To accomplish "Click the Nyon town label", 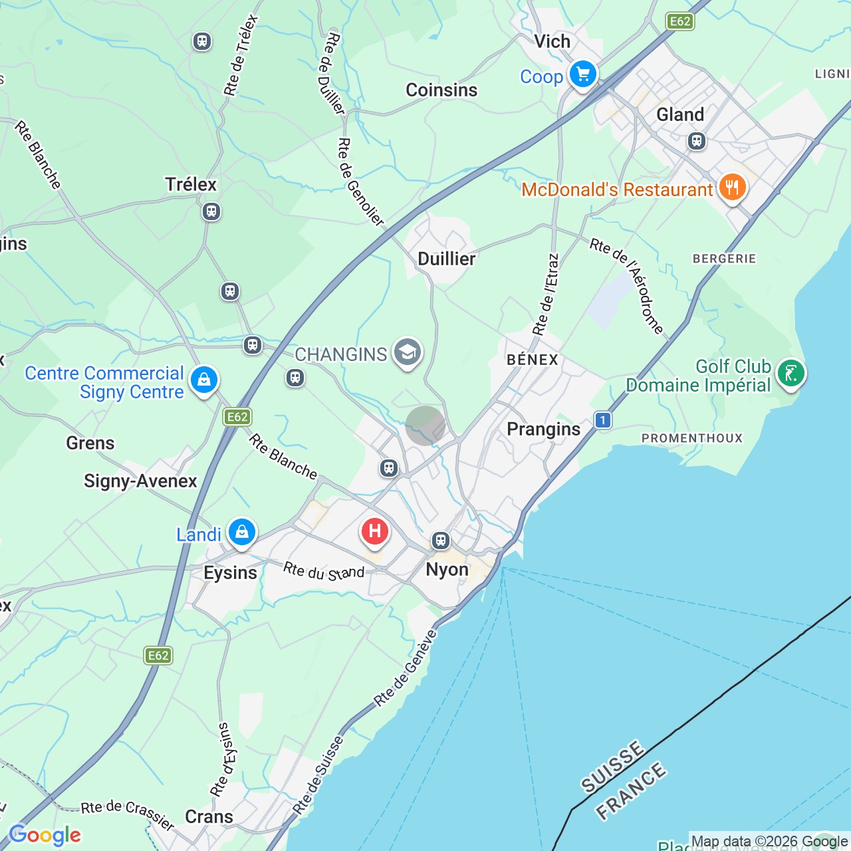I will [447, 570].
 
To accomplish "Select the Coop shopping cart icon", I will [583, 74].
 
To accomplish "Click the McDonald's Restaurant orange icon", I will [731, 187].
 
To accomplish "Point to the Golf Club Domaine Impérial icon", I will [790, 374].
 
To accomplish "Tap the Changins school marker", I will [407, 352].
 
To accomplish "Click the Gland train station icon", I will [697, 141].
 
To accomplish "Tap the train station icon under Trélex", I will [211, 212].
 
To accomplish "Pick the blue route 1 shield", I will [603, 420].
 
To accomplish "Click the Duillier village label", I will [446, 259].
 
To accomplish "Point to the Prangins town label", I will [543, 429].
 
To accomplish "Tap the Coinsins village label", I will [441, 90].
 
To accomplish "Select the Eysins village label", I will [230, 573].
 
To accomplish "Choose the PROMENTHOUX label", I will [691, 438].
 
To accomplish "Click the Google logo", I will [45, 834].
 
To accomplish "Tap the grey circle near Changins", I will [425, 425].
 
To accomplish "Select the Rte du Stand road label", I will [324, 571].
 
